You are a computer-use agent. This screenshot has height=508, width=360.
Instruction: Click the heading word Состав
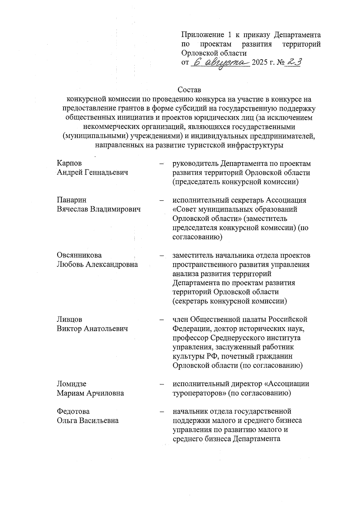[x=189, y=90]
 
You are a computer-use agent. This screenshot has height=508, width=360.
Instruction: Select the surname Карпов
[x=69, y=163]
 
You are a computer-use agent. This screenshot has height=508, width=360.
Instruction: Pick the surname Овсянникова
[x=79, y=255]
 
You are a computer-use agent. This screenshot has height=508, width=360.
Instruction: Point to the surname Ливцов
[x=70, y=319]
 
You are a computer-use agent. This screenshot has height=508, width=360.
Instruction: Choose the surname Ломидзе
[x=72, y=384]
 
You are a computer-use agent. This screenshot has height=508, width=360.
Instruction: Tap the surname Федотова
[x=73, y=411]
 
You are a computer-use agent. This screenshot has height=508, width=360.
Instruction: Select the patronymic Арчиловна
[x=105, y=393]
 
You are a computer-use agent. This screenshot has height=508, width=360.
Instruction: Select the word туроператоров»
[x=199, y=393]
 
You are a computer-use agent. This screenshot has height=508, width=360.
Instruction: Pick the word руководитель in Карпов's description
[x=195, y=164]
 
